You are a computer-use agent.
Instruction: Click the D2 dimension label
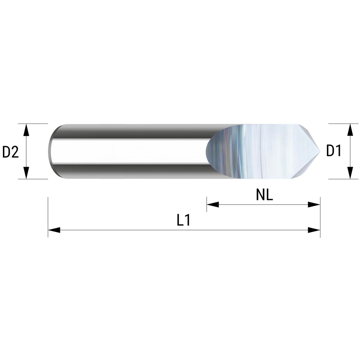(x=10, y=152)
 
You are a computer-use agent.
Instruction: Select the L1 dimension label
(x=184, y=220)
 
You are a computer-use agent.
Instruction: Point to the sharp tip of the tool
(x=320, y=151)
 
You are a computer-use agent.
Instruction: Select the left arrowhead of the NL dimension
(x=213, y=204)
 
